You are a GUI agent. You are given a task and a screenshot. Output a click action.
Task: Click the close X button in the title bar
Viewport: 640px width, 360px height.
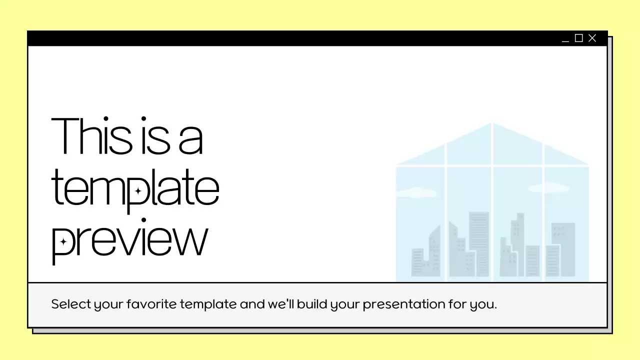coord(592,38)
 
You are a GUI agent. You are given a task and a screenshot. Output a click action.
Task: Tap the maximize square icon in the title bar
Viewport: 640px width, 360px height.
coord(579,38)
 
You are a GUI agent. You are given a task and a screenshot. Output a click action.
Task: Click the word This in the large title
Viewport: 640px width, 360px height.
coord(91,135)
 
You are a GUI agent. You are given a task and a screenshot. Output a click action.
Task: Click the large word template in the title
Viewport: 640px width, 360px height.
coord(135,188)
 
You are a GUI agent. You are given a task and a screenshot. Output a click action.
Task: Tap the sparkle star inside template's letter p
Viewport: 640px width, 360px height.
coord(138,191)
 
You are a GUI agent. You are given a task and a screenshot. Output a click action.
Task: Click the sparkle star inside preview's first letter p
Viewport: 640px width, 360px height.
coord(63,242)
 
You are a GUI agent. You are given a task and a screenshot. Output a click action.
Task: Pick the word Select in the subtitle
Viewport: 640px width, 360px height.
coord(70,304)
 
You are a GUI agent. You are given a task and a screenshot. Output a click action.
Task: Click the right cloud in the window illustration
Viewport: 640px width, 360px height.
coord(548,188)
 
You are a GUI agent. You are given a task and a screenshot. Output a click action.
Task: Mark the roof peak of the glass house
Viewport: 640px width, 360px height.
coord(492,124)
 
